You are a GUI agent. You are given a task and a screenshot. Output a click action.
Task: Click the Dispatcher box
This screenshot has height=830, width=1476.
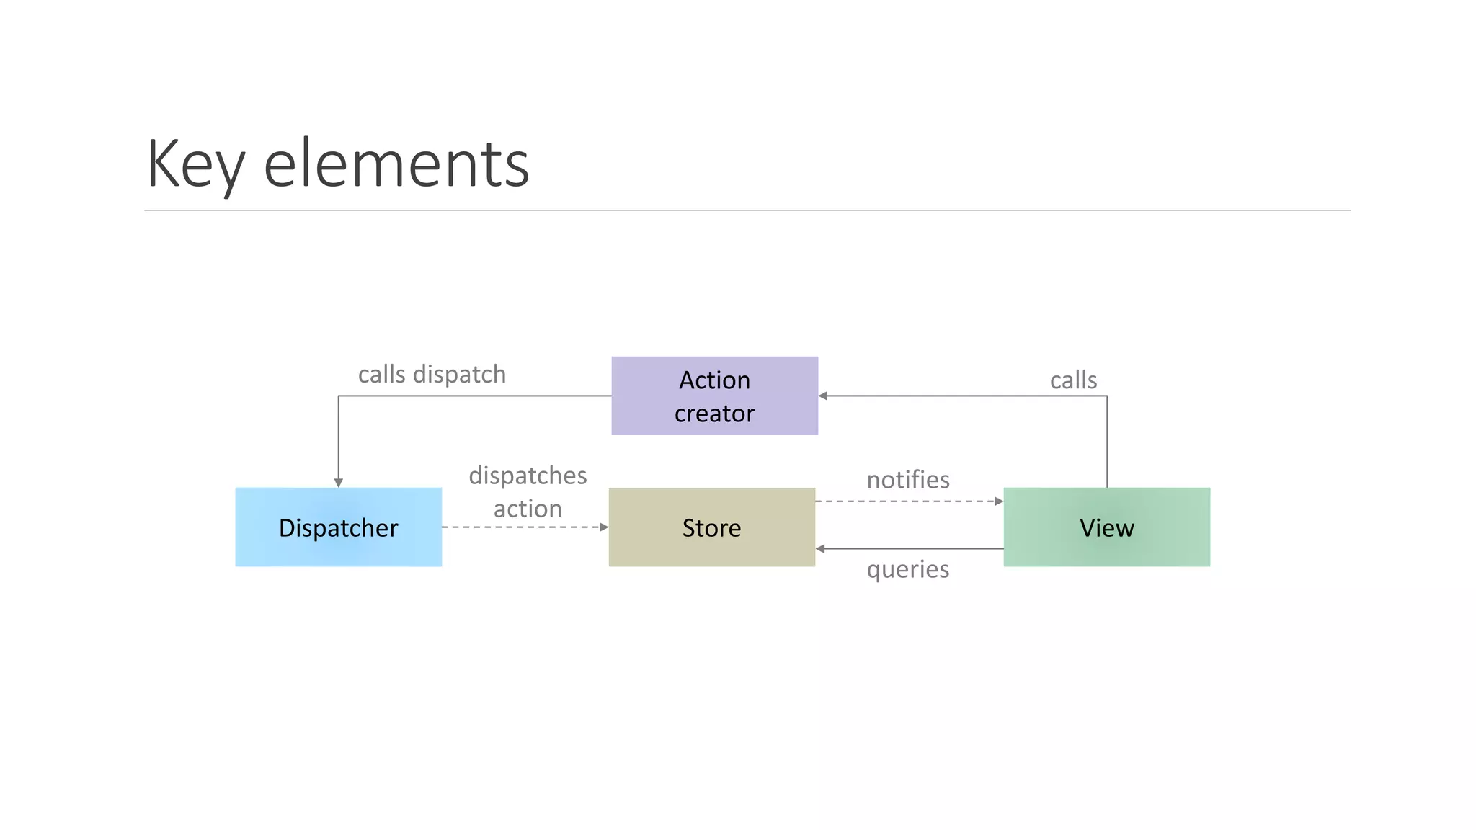338,527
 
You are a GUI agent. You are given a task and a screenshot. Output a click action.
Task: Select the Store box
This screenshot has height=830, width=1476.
711,527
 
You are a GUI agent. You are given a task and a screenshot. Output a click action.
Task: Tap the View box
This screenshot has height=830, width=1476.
1106,527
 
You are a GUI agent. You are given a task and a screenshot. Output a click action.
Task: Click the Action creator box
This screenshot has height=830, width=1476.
714,396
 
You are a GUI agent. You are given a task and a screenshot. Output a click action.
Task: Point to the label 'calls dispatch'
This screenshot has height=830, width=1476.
432,375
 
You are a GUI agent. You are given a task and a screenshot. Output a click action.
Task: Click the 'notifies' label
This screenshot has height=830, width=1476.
908,480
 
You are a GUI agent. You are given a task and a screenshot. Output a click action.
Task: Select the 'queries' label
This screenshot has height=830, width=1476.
908,569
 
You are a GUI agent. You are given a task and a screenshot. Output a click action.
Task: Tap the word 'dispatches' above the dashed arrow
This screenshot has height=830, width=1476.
528,476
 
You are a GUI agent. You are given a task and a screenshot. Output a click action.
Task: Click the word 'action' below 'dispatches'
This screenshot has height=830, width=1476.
528,509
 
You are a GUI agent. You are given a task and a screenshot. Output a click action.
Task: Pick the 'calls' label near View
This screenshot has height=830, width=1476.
1073,380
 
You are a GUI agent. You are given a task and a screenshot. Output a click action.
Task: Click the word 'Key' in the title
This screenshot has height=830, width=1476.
195,164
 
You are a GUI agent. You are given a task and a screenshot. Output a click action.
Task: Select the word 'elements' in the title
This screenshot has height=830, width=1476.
396,164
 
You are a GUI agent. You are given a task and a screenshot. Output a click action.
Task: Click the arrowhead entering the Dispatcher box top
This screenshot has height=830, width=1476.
338,483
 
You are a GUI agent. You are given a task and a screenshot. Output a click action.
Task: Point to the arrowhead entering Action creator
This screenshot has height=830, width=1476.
823,396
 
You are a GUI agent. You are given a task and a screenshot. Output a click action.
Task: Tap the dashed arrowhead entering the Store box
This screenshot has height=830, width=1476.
604,527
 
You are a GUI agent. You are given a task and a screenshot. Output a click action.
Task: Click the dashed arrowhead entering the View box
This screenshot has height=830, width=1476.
999,501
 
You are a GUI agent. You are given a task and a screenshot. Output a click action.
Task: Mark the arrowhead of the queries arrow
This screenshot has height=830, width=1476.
820,549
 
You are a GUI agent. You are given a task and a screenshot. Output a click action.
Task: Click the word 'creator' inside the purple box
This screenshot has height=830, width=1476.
714,414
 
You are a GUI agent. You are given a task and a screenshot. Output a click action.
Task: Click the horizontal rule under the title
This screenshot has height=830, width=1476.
747,210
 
